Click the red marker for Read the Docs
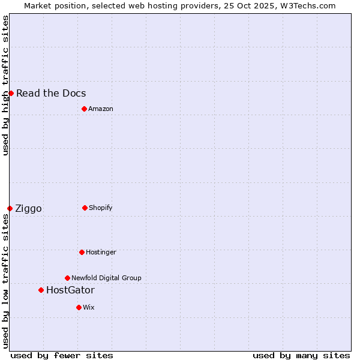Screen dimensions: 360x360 coord(11,93)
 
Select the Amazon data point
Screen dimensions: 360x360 coord(84,109)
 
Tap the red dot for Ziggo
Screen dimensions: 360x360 coord(10,208)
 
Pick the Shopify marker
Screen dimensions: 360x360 coord(85,208)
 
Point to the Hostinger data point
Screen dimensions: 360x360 coord(82,252)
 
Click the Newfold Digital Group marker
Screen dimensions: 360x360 coord(67,278)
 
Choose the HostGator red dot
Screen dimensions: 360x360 coord(41,290)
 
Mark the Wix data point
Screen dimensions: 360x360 coord(79,307)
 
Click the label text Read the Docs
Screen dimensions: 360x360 coord(51,93)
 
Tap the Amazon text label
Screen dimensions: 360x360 coord(101,109)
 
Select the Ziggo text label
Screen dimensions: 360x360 coord(28,208)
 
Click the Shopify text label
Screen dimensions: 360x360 coord(101,208)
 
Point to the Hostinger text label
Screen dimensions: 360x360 coord(101,252)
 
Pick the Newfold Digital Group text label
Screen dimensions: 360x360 coord(106,278)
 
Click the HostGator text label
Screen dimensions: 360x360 coord(70,290)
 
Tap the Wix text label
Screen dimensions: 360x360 coord(89,307)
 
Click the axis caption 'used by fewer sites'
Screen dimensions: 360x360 coord(62,355)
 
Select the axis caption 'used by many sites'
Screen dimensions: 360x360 coord(301,355)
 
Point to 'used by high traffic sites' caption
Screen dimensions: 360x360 coord(5,85)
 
